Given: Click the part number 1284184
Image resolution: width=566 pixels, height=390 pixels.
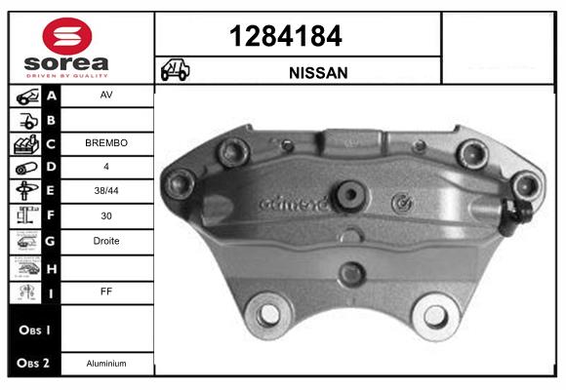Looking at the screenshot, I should pyautogui.click(x=299, y=37).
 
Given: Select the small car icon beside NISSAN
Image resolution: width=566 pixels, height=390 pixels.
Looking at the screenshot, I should pyautogui.click(x=176, y=71).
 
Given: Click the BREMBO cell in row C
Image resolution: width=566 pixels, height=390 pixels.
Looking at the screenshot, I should pyautogui.click(x=106, y=142).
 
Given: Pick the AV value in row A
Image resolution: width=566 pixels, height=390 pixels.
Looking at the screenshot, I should pyautogui.click(x=106, y=97).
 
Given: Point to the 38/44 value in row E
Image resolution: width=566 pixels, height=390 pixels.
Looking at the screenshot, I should pyautogui.click(x=106, y=189).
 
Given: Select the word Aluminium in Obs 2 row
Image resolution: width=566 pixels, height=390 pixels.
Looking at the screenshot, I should pyautogui.click(x=106, y=364).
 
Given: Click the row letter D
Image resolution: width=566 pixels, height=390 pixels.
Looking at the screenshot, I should pyautogui.click(x=52, y=167).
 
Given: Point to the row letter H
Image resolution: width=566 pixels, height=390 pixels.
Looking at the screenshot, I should pyautogui.click(x=52, y=266).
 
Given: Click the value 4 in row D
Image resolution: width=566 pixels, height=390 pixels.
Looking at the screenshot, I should pyautogui.click(x=106, y=167).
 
